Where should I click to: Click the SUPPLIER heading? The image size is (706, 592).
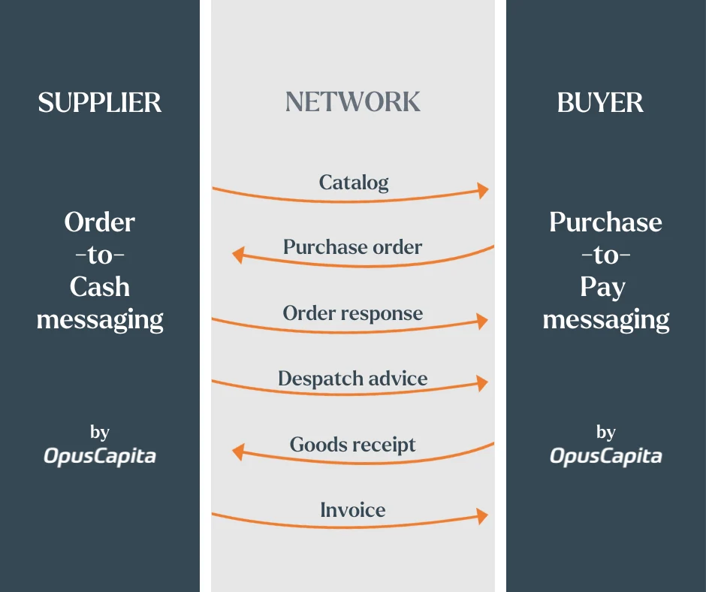pos(100,102)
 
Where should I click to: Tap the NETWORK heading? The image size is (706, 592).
pos(353,102)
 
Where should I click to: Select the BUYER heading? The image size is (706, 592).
pos(600,102)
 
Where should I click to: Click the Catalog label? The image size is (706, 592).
pos(354,183)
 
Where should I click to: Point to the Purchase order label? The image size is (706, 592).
pos(352,247)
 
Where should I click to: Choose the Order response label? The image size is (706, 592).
pos(352,313)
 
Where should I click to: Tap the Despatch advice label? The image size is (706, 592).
pos(352,378)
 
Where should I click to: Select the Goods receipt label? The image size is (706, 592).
pos(352,444)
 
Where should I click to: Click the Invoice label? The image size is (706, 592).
pos(353,510)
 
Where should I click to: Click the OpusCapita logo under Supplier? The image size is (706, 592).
pos(100,456)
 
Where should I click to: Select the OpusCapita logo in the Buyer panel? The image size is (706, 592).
pos(605,456)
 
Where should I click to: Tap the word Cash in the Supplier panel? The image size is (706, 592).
pos(100,287)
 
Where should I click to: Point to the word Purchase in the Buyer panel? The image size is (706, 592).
pos(605,222)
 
